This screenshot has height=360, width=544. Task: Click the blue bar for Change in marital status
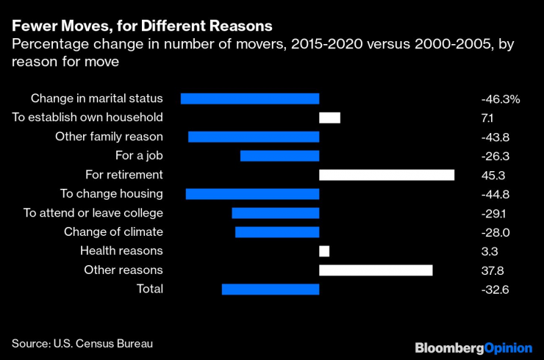(250, 98)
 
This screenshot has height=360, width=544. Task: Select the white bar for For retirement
(387, 175)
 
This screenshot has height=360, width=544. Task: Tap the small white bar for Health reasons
(324, 251)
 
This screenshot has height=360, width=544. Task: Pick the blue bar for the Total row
(271, 289)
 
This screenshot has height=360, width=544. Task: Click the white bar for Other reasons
(376, 270)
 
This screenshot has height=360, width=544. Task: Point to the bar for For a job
(280, 156)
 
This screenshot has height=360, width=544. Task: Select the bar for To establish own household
(329, 118)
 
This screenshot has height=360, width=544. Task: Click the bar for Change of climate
(277, 232)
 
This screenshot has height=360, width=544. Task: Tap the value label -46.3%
(500, 98)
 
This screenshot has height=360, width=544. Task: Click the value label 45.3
(491, 175)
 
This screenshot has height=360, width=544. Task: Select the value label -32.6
(494, 289)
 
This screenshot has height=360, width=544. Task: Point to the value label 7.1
(487, 118)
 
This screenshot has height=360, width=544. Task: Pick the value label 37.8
(491, 270)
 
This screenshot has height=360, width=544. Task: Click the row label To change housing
(112, 194)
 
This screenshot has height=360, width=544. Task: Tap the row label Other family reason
(110, 137)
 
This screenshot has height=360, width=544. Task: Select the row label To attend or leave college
(93, 213)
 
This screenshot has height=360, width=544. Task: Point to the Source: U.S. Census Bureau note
(82, 343)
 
